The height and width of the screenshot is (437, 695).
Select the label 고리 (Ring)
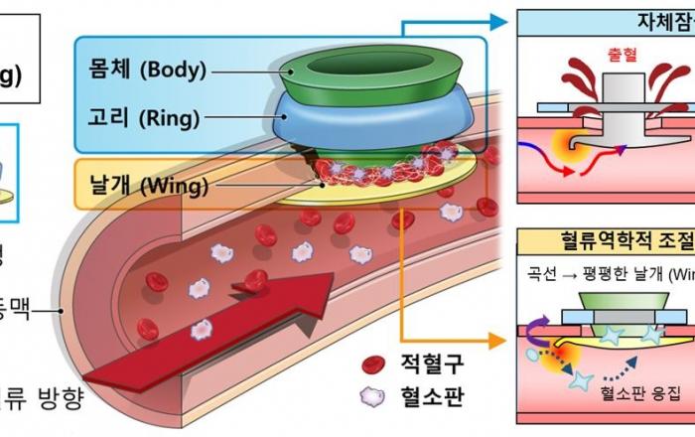[x=142, y=118]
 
